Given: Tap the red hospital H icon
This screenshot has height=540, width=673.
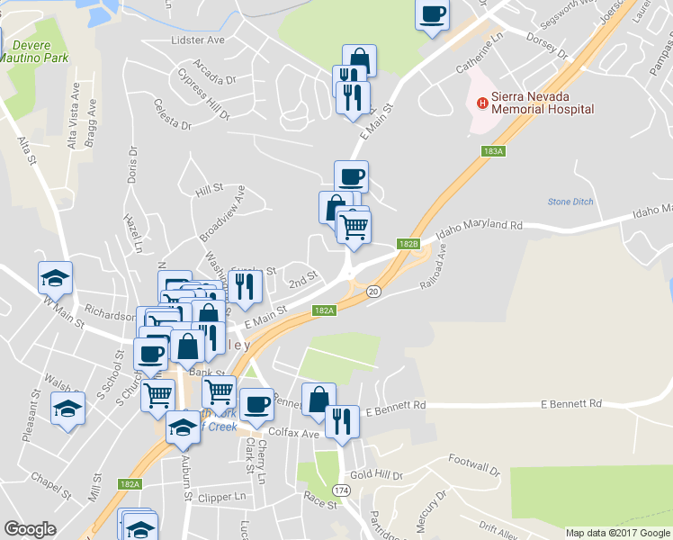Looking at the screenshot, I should pyautogui.click(x=482, y=103).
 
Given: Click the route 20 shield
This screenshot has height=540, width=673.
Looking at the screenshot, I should pyautogui.click(x=373, y=291).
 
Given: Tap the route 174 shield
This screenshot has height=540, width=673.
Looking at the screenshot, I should pyautogui.click(x=341, y=489).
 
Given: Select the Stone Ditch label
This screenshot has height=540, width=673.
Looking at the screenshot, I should pyautogui.click(x=570, y=202).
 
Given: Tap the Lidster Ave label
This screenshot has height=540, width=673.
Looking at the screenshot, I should pyautogui.click(x=197, y=40).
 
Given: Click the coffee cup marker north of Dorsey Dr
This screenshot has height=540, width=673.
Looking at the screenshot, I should pyautogui.click(x=432, y=15).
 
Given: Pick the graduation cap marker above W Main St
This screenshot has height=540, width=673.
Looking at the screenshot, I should pyautogui.click(x=56, y=278).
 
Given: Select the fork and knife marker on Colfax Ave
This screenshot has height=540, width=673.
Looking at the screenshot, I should pyautogui.click(x=341, y=420).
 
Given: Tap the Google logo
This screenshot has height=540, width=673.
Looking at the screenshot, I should pyautogui.click(x=30, y=529).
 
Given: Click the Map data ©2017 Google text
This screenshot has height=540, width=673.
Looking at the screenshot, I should pyautogui.click(x=618, y=533).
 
